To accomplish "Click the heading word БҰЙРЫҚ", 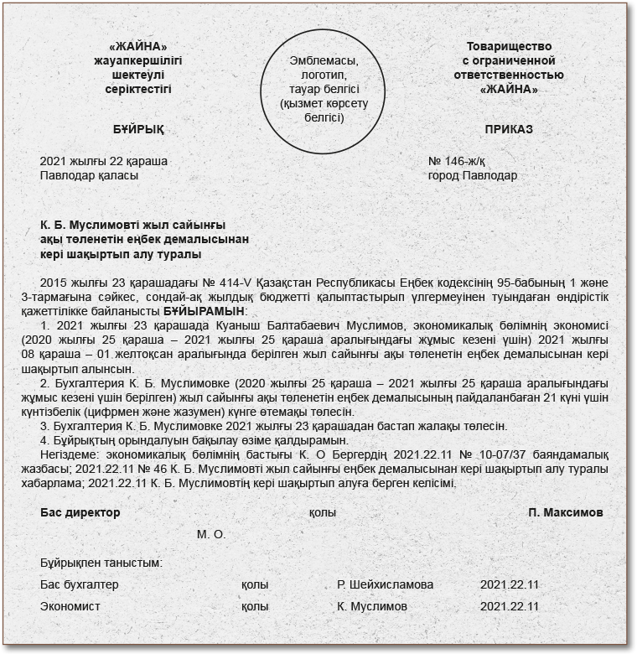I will coord(138,130).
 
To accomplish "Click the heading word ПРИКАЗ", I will coord(509,130).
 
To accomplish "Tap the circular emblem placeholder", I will coord(317,89).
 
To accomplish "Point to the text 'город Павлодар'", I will coord(472,176).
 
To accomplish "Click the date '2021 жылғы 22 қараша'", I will coord(104,161).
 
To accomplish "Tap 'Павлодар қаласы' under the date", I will coord(90,176).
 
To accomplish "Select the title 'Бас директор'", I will coord(80,512).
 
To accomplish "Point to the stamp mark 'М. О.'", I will coord(211,534).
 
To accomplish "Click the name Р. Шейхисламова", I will coord(386,584).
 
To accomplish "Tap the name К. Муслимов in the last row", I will coord(372,606).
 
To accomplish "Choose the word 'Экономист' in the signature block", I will coord(70,606).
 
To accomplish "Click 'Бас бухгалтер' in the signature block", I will coord(80,584).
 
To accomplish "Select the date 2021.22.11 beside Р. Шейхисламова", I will coord(510,584).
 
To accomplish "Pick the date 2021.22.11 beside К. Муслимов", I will coord(510,606).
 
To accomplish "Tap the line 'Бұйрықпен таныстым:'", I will coord(101,563).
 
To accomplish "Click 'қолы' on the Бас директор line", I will coord(323,512).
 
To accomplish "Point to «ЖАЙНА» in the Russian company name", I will coord(509,89).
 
